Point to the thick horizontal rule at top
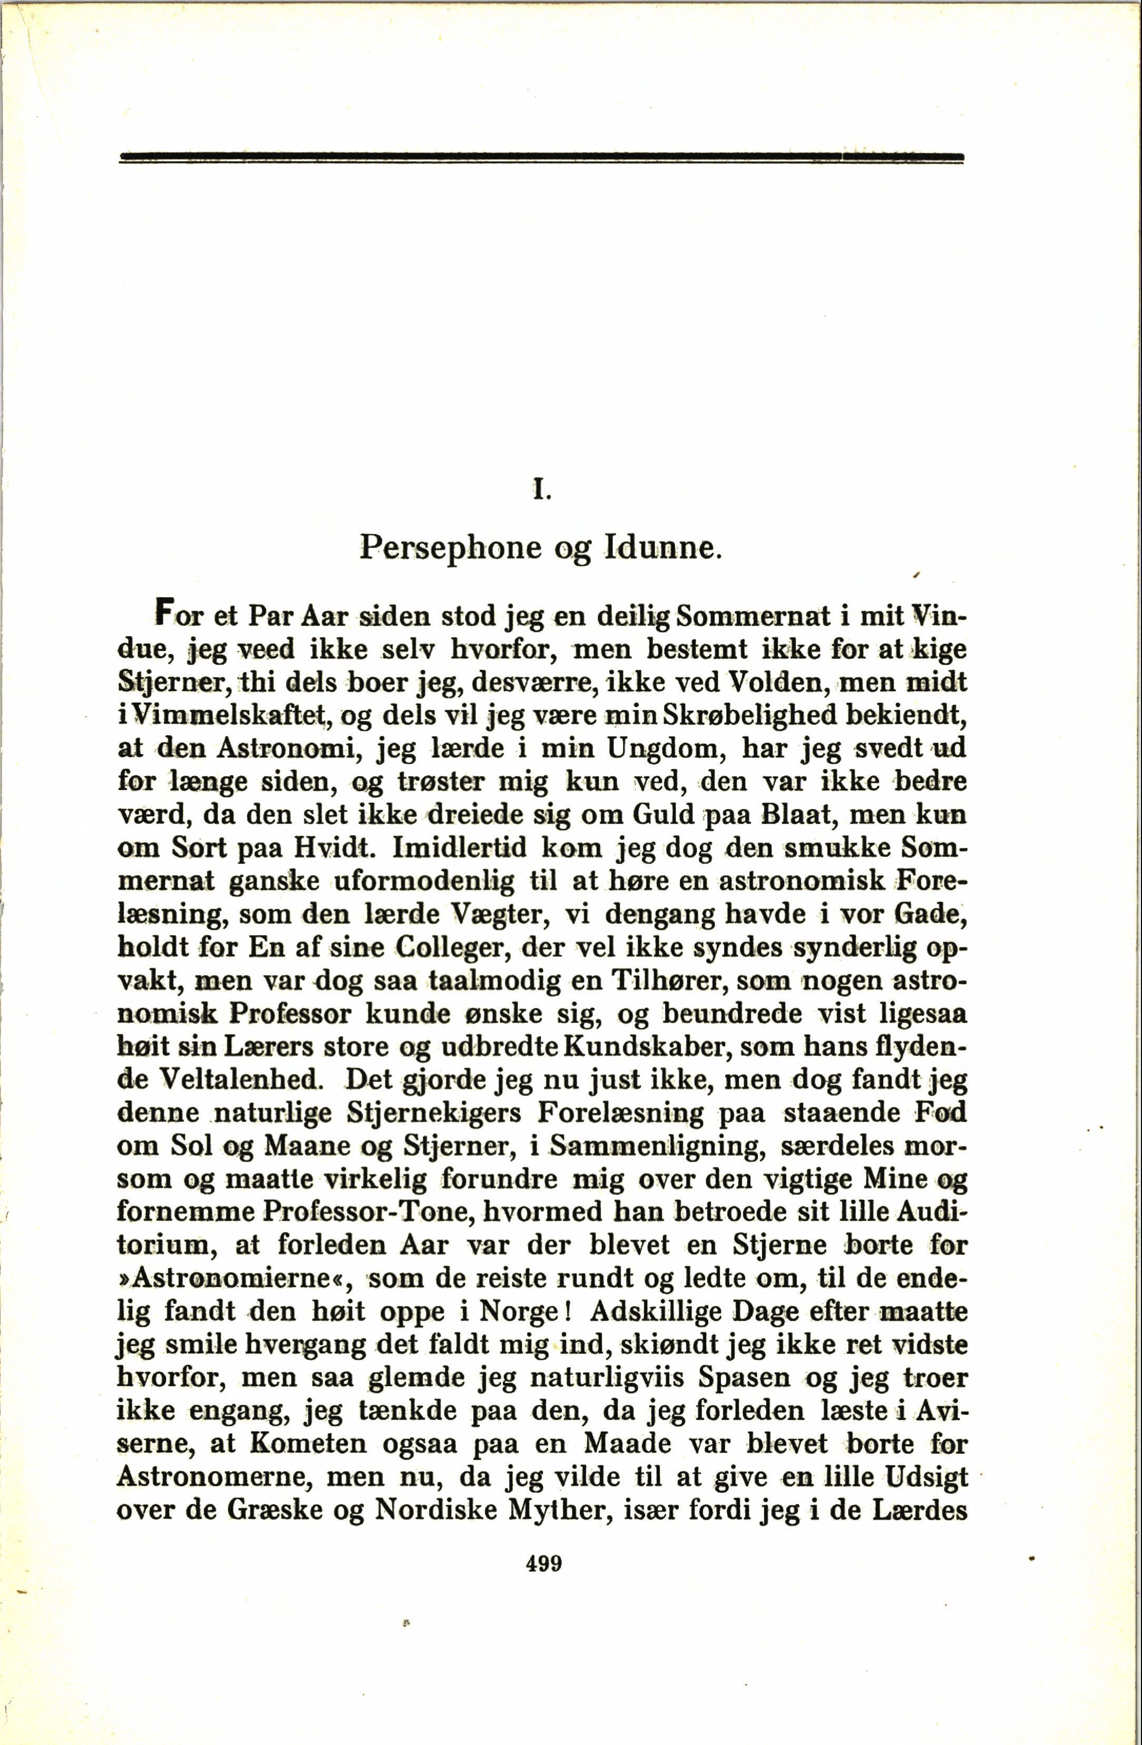pyautogui.click(x=541, y=157)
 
